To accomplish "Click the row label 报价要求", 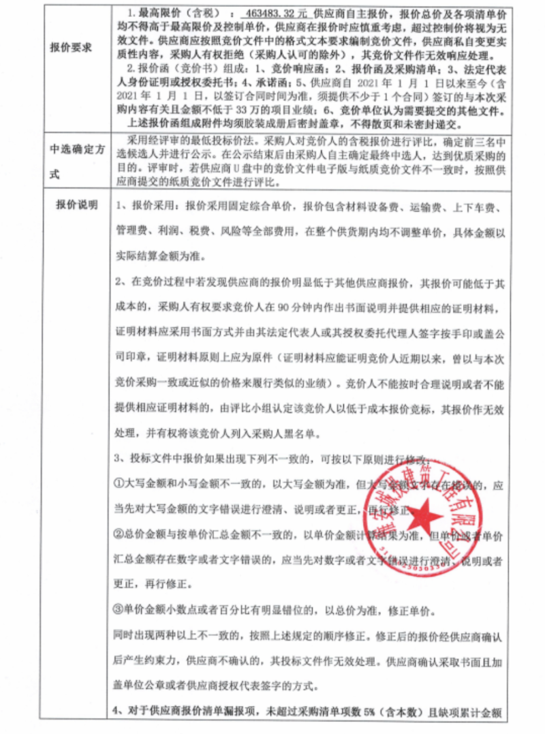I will click(x=71, y=48).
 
